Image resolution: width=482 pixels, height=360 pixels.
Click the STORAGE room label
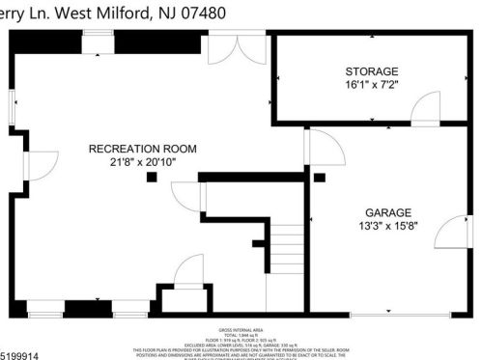click(x=372, y=72)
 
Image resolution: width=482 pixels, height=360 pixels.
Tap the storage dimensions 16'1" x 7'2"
click(x=372, y=87)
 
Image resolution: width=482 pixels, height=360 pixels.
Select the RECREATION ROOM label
click(x=142, y=149)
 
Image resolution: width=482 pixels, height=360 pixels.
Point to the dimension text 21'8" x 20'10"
click(x=142, y=162)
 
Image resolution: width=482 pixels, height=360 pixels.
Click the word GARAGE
click(x=387, y=212)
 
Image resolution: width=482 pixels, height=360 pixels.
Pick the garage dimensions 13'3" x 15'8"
click(x=387, y=227)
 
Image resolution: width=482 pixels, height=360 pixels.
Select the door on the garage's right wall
click(x=447, y=233)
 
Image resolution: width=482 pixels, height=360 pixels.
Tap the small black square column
click(x=152, y=177)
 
